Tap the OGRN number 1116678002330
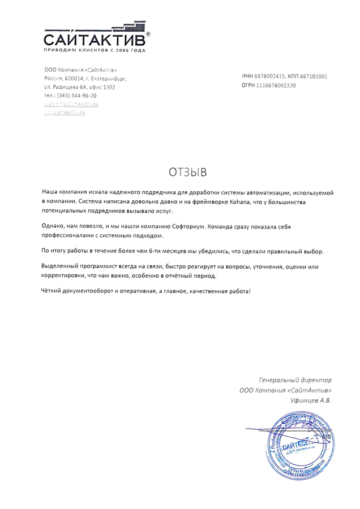tap(276, 85)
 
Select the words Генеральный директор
tap(295, 379)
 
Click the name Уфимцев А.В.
tap(310, 400)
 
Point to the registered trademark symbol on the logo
tap(148, 35)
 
